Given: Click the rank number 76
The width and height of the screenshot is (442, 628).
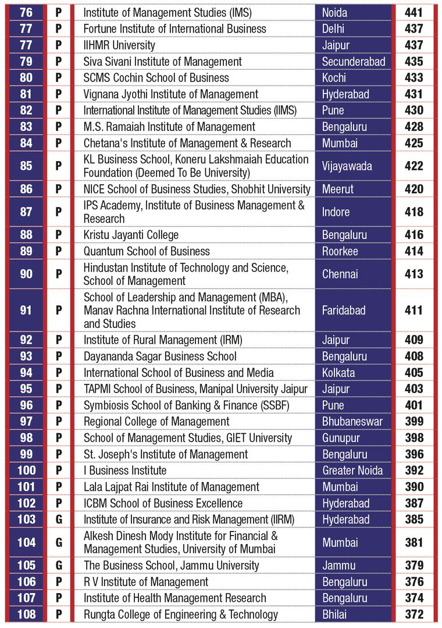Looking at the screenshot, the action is click(x=26, y=12).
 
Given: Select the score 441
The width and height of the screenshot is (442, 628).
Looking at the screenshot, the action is click(x=414, y=12).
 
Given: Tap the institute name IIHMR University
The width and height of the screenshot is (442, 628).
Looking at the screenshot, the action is click(x=119, y=45).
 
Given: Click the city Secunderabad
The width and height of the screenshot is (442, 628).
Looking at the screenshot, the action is click(x=354, y=61).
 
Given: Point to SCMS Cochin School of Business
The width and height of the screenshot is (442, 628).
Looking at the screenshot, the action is click(x=156, y=78).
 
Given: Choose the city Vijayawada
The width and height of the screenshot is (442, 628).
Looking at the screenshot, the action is click(x=347, y=166).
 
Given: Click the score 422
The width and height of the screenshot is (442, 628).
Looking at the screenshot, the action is click(x=414, y=166).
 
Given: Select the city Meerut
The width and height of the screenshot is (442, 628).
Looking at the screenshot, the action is click(x=338, y=189).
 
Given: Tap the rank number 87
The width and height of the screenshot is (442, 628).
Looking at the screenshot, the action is click(x=26, y=212).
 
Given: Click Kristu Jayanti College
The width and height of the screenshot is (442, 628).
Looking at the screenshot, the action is click(x=131, y=235).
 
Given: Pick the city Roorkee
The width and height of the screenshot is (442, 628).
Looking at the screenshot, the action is click(x=340, y=251).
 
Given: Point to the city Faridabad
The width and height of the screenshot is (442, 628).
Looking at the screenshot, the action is click(x=343, y=310).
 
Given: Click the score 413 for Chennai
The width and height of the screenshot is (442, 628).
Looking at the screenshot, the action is click(x=414, y=274).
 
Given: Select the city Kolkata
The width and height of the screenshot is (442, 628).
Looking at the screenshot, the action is click(x=338, y=373).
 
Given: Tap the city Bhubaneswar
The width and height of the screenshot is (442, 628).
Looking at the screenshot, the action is click(x=352, y=422).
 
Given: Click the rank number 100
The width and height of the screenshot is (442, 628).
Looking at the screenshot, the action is click(x=26, y=470).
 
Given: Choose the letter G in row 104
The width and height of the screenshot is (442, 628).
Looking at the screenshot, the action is click(x=59, y=543).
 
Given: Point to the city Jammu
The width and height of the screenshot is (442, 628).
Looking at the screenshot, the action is click(x=338, y=566).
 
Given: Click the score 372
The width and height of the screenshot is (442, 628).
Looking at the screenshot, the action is click(x=414, y=614).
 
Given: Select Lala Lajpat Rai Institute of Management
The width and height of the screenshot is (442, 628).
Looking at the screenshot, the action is click(x=171, y=487).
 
